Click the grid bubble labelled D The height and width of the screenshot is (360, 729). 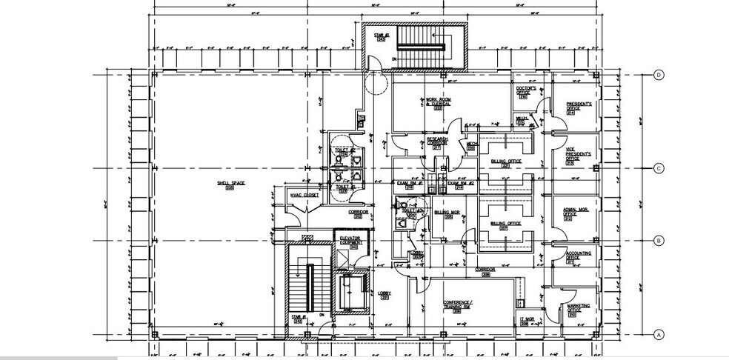(x=657, y=75)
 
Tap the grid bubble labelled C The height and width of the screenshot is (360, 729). (x=657, y=168)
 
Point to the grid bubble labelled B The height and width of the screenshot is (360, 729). (x=657, y=241)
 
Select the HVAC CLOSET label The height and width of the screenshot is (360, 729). (x=304, y=196)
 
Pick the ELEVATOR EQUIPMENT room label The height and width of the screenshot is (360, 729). (x=350, y=241)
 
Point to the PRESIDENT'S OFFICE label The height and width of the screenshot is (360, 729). (x=579, y=107)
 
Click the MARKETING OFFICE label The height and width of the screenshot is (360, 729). (x=579, y=309)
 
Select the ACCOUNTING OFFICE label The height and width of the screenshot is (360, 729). (x=579, y=256)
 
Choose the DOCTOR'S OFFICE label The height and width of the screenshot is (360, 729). (x=525, y=91)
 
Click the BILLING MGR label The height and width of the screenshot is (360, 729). (x=447, y=213)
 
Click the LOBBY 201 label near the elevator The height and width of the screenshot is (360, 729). (x=384, y=295)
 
